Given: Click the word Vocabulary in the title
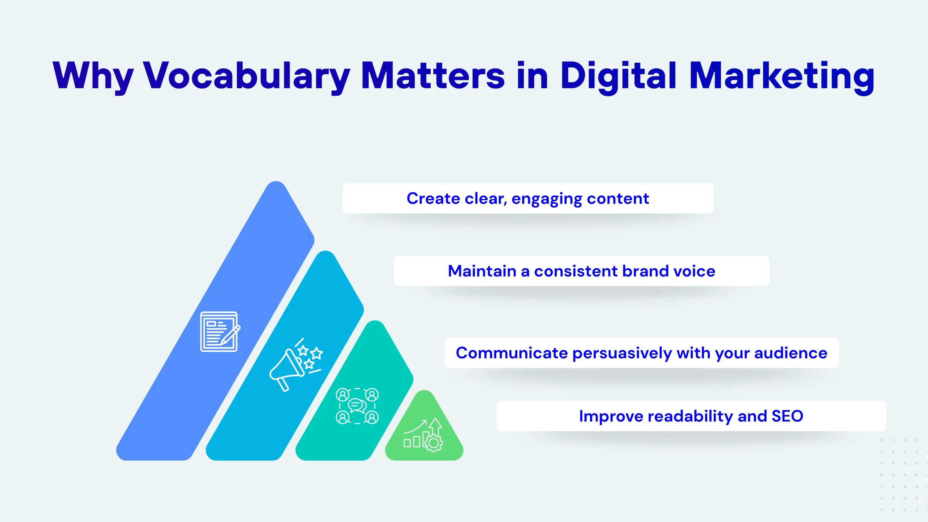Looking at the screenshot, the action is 247,76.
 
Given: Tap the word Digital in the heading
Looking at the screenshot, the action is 618,76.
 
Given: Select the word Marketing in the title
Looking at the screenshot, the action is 782,76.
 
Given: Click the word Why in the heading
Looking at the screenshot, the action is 93,76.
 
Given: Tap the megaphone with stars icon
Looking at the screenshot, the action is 296,365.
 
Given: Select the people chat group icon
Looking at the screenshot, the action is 357,406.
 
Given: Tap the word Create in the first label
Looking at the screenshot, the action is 434,198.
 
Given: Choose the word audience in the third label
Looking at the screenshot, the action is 791,353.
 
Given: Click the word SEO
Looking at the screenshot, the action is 787,416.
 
